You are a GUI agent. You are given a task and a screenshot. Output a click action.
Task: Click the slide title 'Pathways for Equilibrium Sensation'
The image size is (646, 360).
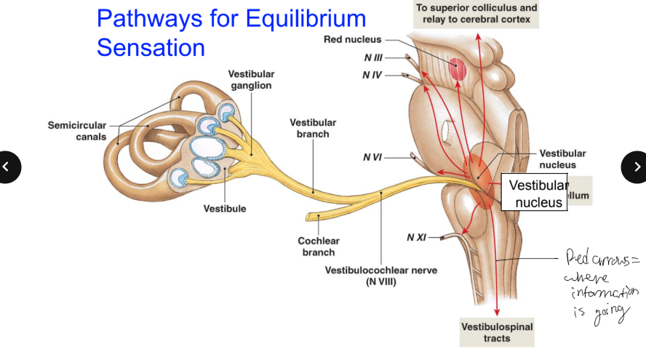(x=231, y=33)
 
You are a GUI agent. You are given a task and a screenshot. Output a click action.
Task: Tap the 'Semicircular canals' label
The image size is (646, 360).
(x=76, y=131)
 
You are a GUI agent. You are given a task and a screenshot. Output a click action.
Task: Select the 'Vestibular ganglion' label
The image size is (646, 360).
(x=251, y=80)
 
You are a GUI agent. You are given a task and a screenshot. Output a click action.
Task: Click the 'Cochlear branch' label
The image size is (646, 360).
(x=318, y=247)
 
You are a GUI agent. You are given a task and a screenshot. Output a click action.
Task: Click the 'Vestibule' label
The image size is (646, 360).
(x=225, y=209)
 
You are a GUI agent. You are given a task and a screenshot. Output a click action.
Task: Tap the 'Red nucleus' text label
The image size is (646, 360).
(x=352, y=39)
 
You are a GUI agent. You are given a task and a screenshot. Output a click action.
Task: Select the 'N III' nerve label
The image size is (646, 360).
(x=372, y=57)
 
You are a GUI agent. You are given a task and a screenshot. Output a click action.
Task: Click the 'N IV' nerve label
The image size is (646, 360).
(x=372, y=74)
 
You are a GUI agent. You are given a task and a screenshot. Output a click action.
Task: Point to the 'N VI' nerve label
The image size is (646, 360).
(x=372, y=157)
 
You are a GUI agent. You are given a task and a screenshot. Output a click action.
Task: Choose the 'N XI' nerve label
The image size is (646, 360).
(x=417, y=237)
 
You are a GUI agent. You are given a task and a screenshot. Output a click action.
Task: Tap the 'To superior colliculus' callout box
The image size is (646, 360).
(x=476, y=14)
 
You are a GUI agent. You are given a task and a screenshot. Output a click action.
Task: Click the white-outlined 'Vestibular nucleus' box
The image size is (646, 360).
(x=537, y=193)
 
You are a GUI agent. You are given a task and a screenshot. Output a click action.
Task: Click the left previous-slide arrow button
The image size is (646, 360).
(x=8, y=167)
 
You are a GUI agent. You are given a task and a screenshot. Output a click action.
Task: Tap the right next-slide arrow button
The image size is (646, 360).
(x=636, y=167)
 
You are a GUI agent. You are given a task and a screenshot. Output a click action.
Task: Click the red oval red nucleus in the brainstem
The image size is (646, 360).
(x=458, y=69)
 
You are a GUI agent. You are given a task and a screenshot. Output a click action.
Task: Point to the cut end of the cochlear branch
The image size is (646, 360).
(x=311, y=217)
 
